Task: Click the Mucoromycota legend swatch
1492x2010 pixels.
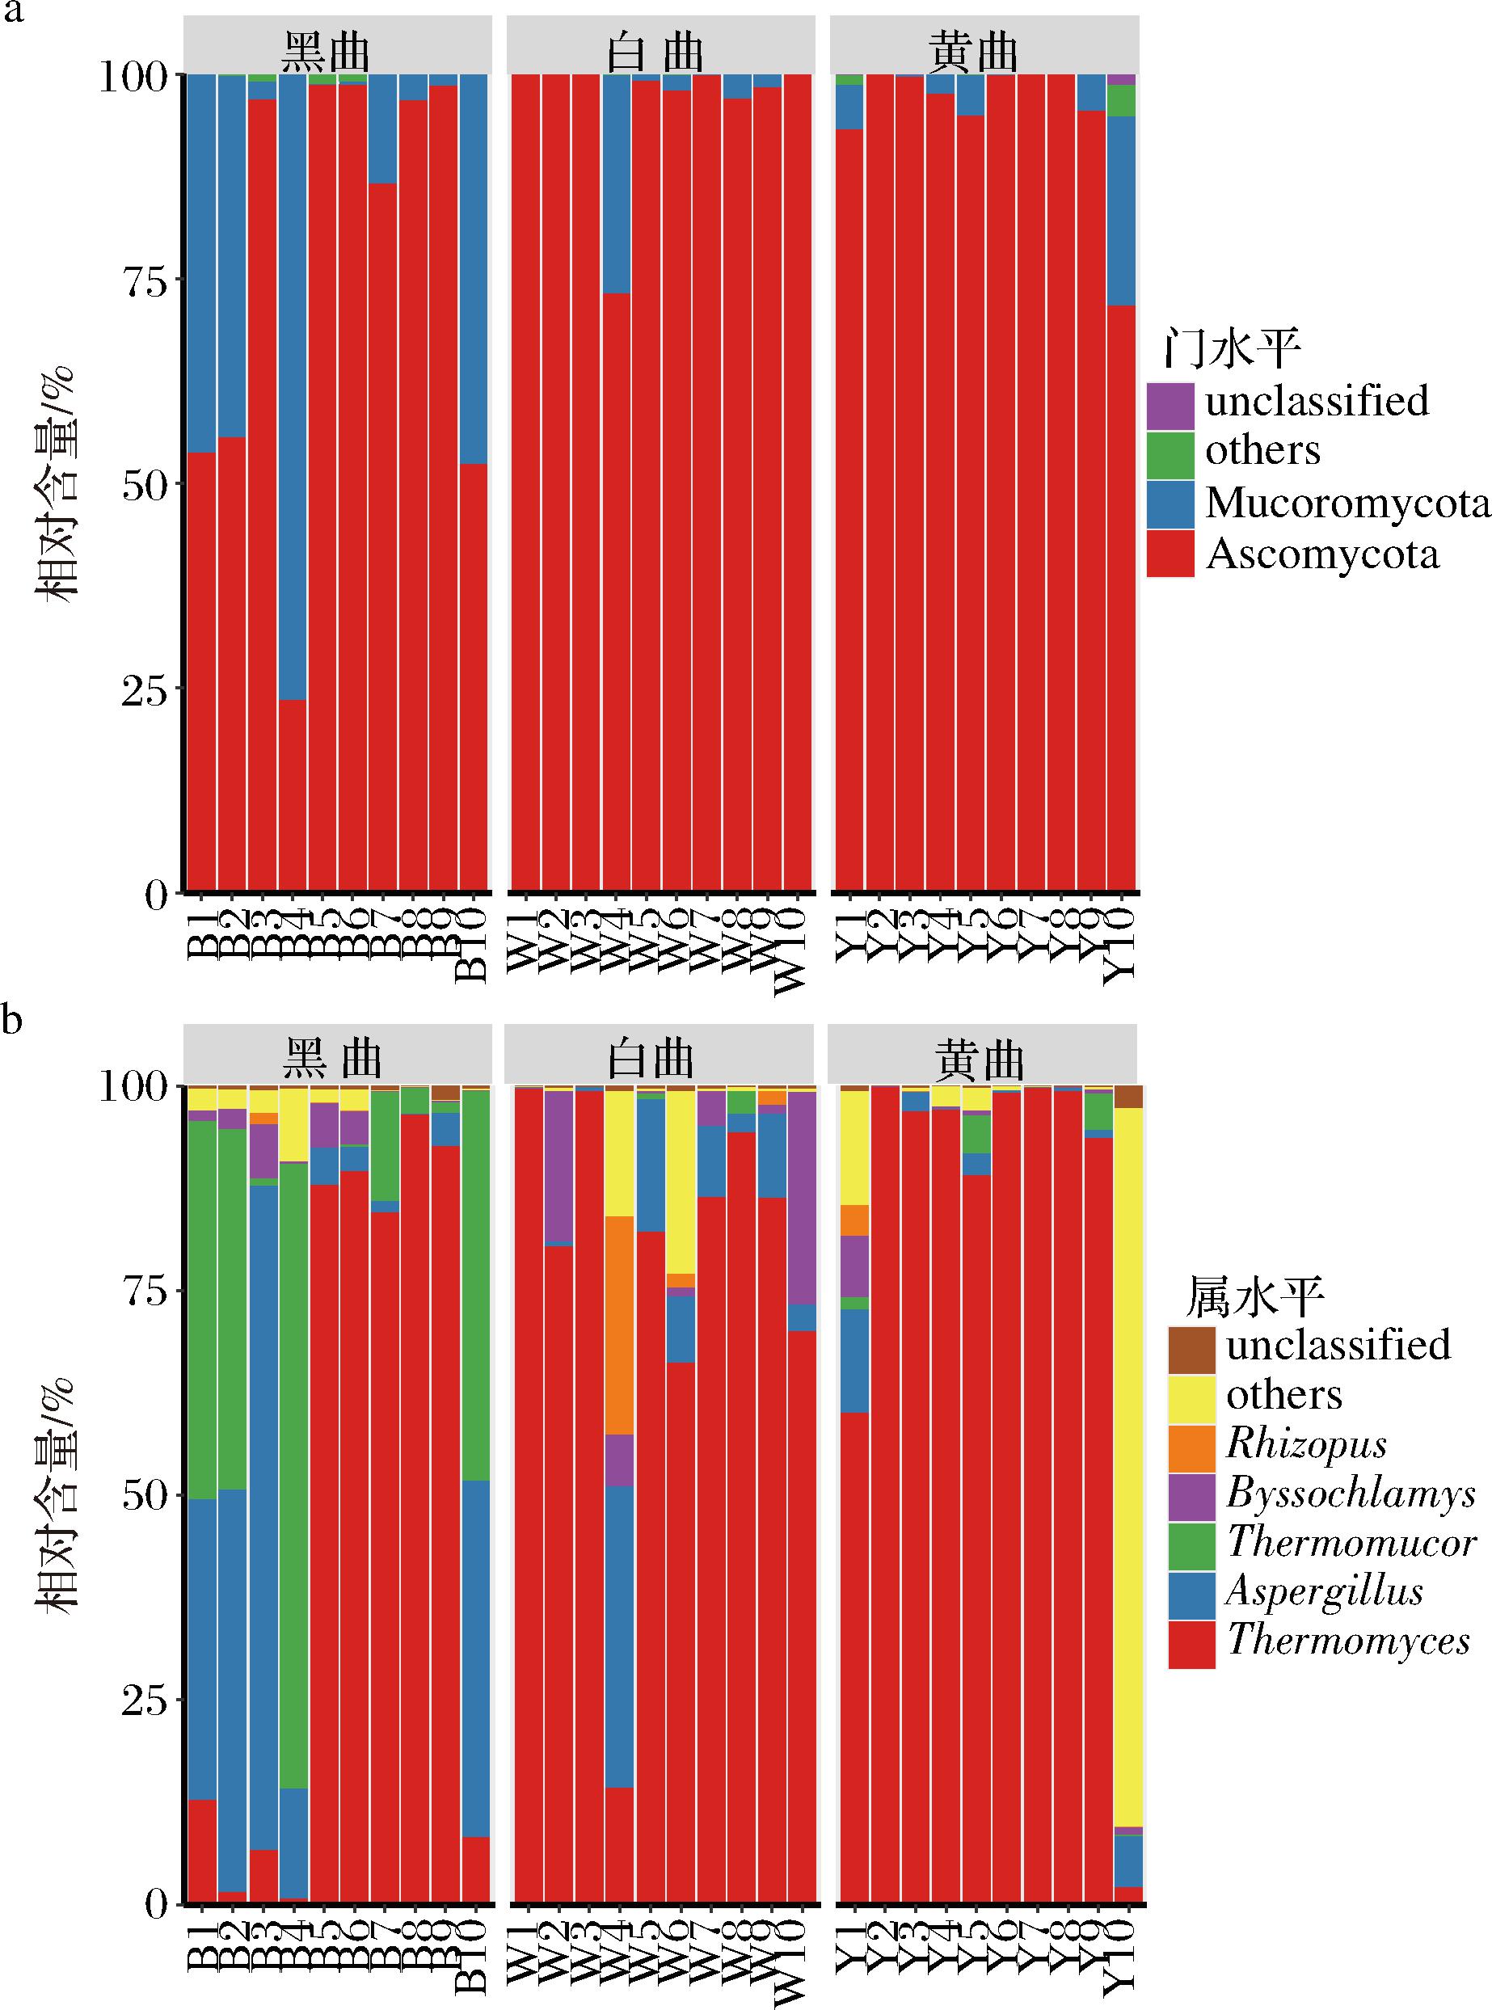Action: tap(1171, 504)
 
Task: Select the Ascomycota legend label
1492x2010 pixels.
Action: tap(1322, 554)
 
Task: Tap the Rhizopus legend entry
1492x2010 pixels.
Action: tap(1306, 1443)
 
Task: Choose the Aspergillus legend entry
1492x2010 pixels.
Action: tap(1324, 1591)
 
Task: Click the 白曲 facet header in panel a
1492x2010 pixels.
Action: tap(656, 53)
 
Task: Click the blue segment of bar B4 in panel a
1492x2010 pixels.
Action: tap(293, 388)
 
